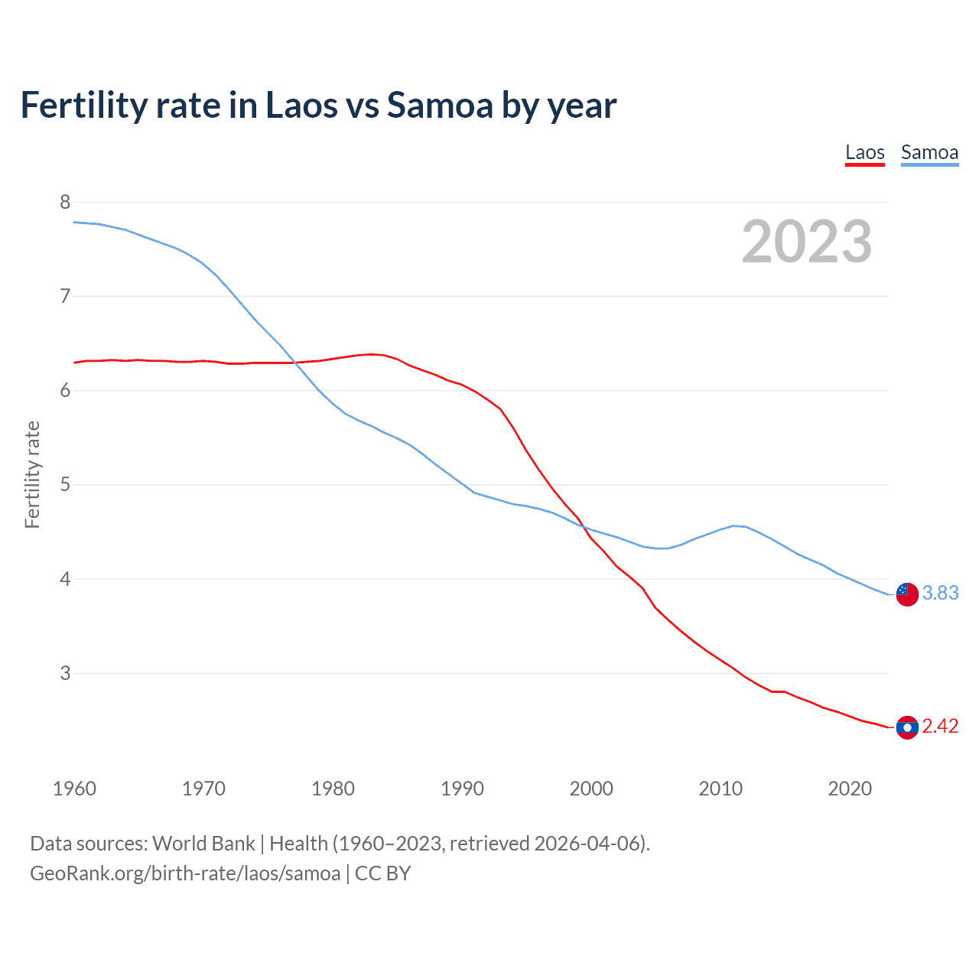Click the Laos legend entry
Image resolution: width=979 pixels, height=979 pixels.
[864, 152]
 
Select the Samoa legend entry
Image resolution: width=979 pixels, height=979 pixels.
[929, 152]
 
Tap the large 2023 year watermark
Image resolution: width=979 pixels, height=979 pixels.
[806, 242]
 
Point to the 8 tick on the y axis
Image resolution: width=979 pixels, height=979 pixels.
[65, 202]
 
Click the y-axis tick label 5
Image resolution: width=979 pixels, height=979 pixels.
[65, 485]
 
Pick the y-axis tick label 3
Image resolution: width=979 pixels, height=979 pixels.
[65, 673]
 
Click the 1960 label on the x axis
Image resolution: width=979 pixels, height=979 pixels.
[74, 789]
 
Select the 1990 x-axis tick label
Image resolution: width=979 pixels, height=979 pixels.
[462, 789]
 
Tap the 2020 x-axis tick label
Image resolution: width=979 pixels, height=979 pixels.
[850, 789]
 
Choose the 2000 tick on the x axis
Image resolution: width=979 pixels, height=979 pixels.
[591, 789]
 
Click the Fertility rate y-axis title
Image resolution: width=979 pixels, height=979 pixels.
[32, 474]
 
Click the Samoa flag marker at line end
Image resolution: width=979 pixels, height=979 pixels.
[907, 594]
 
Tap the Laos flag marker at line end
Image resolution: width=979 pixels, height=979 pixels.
[907, 727]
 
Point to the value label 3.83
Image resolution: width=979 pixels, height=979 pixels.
[940, 594]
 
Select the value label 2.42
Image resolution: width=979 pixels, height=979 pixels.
[940, 727]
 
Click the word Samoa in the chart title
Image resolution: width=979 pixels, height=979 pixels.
[440, 105]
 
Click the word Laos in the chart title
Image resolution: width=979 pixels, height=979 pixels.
[300, 105]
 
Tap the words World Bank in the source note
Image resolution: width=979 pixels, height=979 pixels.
[203, 844]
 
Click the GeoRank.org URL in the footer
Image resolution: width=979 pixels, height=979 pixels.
[185, 873]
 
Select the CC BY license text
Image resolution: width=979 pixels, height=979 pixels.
[382, 873]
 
